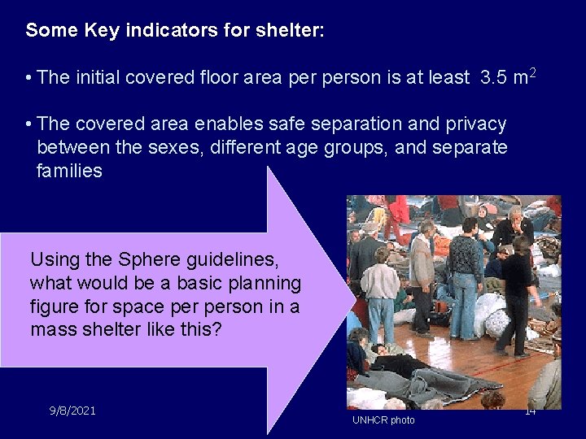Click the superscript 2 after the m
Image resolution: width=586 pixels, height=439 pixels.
click(x=533, y=72)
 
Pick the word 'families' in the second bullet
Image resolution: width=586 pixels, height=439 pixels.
click(x=69, y=171)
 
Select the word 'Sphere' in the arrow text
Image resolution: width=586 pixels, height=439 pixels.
click(x=145, y=260)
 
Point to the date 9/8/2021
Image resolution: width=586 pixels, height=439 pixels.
click(x=72, y=411)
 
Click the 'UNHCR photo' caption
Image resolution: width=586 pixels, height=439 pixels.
click(x=383, y=420)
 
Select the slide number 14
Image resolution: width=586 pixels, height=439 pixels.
click(x=530, y=411)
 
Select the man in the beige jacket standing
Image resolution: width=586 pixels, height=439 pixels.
click(x=421, y=276)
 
